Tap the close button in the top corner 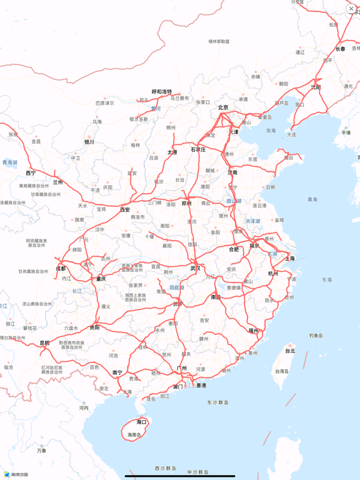pos(351,9)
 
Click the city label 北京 pos(223,107)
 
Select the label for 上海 pos(290,258)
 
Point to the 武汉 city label pos(196,268)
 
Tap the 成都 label pos(61,269)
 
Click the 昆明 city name pos(44,342)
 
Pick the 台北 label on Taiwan pos(290,351)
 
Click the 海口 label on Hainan pos(142,422)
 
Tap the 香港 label pos(201,386)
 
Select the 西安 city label pos(125,209)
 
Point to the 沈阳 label pos(316,87)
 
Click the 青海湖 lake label pos(10,162)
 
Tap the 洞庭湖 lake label pos(177,287)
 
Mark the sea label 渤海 pos(271,131)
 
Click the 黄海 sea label pos(312,199)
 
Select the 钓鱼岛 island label pos(316,336)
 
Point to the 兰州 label pos(58,182)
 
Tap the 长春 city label pos(341,48)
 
